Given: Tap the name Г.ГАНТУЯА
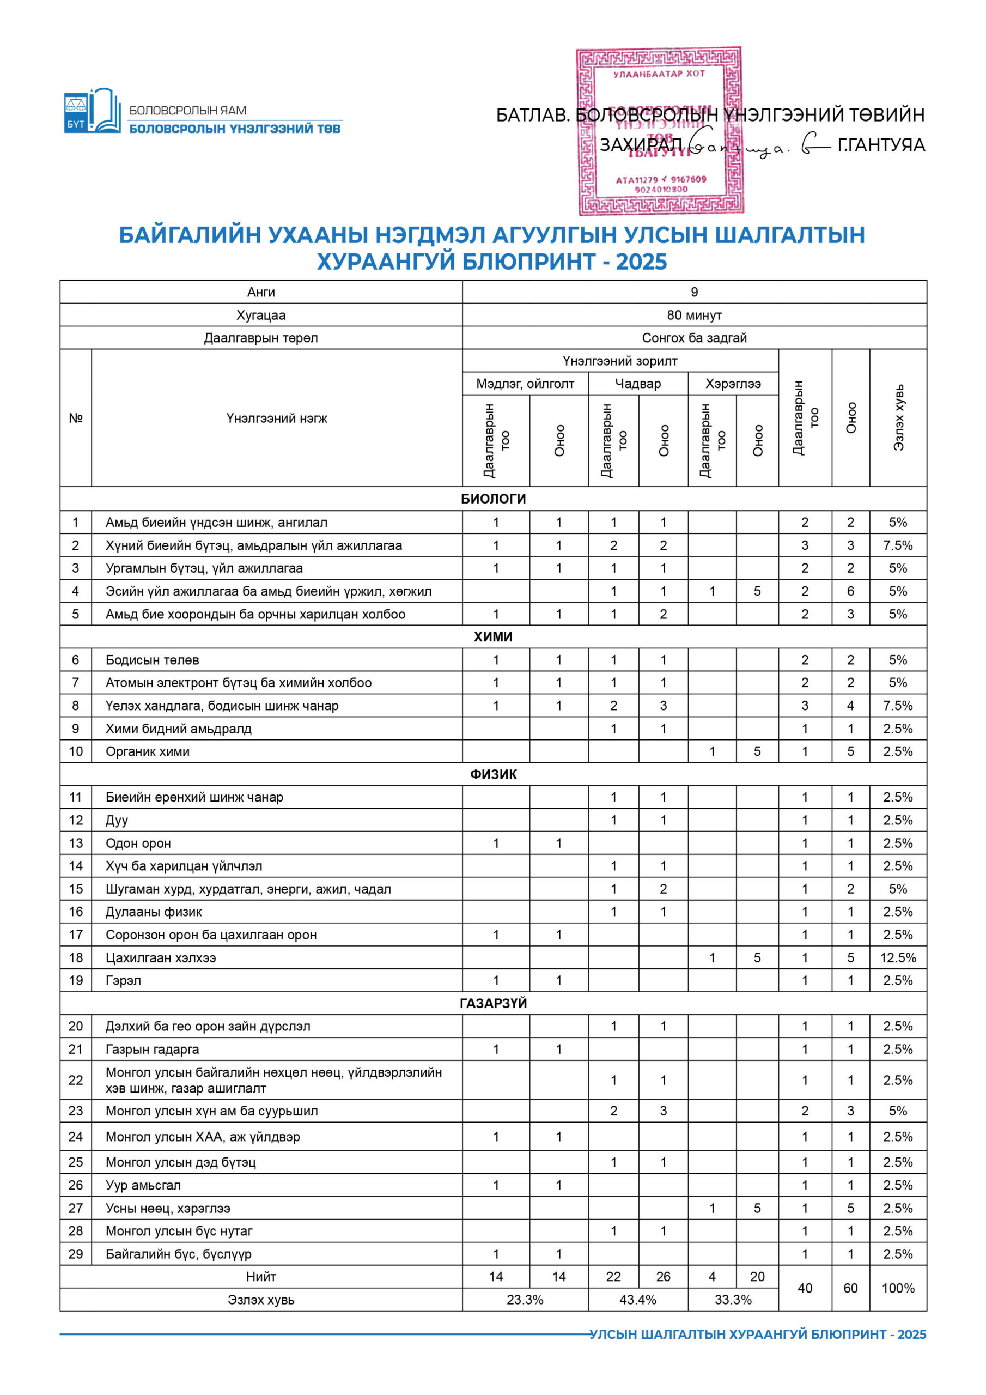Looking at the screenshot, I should pos(881,145).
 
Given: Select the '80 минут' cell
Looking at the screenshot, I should pos(694,315).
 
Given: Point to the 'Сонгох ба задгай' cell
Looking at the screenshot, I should pos(694,338).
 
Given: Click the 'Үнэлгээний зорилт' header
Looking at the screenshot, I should pos(620,361).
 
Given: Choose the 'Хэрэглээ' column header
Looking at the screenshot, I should pos(733,384).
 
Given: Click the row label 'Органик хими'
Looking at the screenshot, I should pos(148,751).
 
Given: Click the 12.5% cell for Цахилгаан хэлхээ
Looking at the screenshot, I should pos(897,958).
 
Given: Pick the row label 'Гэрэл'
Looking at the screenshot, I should pos(123,981).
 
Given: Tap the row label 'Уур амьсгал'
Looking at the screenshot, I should pos(143,1185).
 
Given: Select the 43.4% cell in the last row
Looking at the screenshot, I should pos(637,1300).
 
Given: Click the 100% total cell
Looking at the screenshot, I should pos(897,1289).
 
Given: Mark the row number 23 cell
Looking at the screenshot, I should pos(75,1111).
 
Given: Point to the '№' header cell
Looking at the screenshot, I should pos(75,418).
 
